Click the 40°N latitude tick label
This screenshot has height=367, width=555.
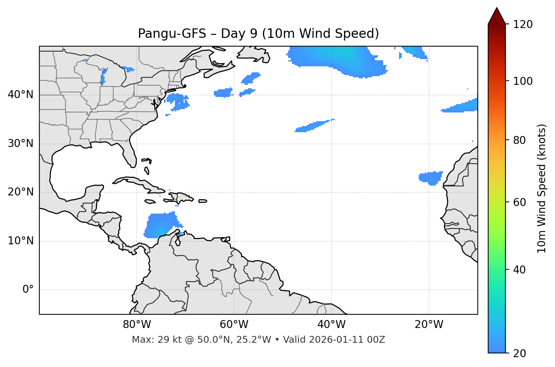point(20,95)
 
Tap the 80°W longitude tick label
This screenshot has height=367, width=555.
point(137,325)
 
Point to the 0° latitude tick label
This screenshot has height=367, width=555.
point(28,290)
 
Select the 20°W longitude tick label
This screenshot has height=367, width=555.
point(429,325)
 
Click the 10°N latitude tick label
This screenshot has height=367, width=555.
point(20,241)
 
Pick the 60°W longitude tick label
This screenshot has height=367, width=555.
point(234,325)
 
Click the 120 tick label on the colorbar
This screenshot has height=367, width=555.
point(523,24)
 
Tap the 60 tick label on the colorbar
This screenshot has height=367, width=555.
point(519,202)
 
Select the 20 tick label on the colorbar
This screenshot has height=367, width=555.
point(519,353)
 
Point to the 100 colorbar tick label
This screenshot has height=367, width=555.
point(523,81)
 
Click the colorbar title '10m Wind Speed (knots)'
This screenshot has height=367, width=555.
point(542,189)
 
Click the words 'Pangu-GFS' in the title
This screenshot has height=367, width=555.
point(172,34)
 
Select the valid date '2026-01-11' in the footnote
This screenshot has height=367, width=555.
point(337,340)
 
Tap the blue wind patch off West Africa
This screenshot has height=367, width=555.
point(431,178)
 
